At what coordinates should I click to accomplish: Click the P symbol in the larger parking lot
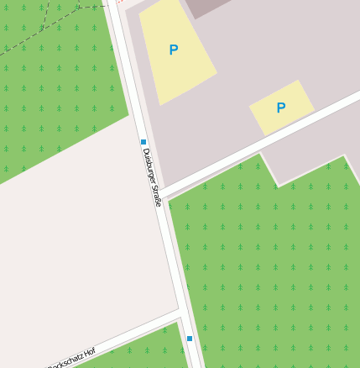(x=173, y=50)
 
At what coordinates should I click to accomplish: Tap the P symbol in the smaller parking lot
(x=281, y=108)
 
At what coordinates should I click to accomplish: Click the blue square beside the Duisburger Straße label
(x=143, y=142)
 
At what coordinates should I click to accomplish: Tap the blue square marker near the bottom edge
(x=190, y=339)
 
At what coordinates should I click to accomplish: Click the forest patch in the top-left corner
(x=50, y=92)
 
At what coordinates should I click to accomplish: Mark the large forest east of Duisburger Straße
(x=269, y=269)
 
